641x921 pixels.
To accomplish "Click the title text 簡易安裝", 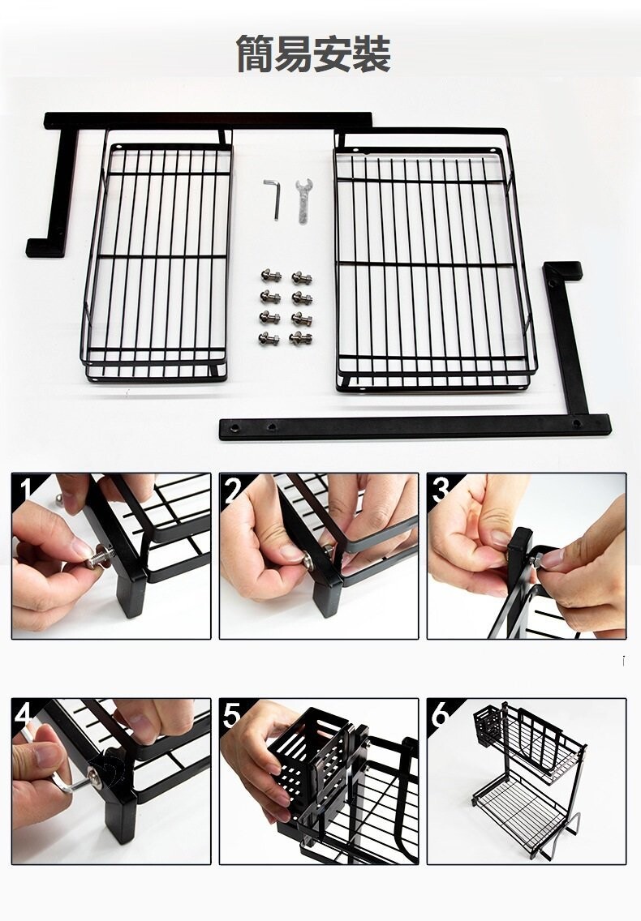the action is coord(313,54).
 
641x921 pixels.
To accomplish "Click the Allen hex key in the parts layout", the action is coord(274,199).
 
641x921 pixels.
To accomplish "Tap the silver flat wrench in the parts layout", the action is coord(303,200).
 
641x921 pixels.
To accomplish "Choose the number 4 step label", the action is coord(24,713).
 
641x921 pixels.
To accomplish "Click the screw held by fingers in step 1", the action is coord(99,559).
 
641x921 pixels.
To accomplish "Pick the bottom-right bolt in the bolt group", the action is coord(300,338).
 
